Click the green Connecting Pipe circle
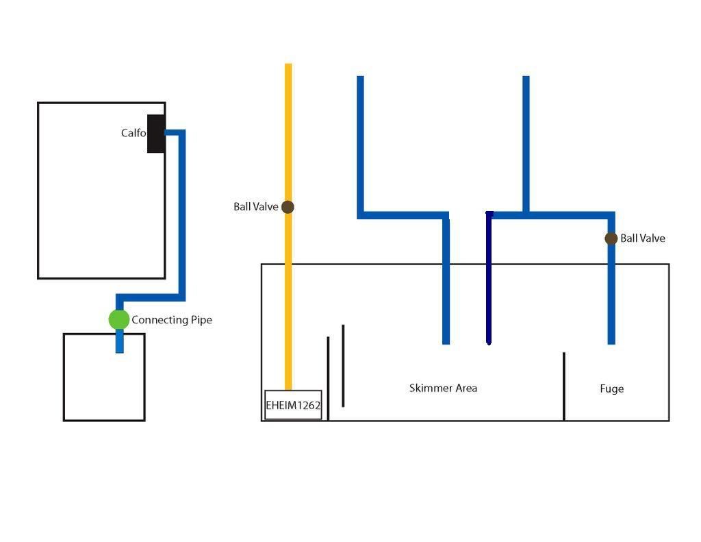119,319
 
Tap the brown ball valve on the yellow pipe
288,207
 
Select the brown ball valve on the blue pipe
611,238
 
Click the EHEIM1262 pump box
293,405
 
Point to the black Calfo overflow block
156,134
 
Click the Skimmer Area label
443,388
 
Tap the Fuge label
611,389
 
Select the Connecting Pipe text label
172,320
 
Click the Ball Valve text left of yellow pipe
255,207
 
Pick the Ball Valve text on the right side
643,238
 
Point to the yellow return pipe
288,137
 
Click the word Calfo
133,133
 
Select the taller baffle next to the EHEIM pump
343,366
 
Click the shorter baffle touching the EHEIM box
328,377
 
